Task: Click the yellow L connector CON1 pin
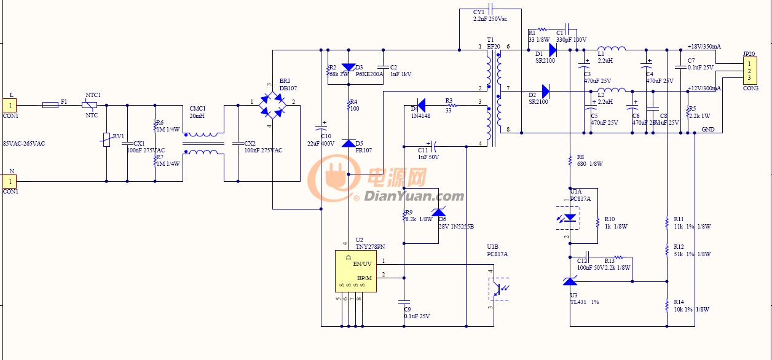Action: pyautogui.click(x=10, y=105)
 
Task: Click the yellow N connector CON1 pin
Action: pyautogui.click(x=10, y=181)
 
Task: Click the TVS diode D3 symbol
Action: pyautogui.click(x=349, y=67)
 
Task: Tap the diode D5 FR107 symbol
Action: pyautogui.click(x=349, y=143)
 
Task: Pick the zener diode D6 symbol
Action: pyautogui.click(x=438, y=213)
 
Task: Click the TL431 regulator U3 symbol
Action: pyautogui.click(x=570, y=281)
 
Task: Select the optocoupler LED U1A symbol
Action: pyautogui.click(x=570, y=217)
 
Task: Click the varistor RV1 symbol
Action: pyautogui.click(x=106, y=139)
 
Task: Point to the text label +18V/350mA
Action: pyautogui.click(x=704, y=47)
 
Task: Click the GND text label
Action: pyautogui.click(x=707, y=130)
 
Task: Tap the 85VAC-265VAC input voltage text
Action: pyautogui.click(x=24, y=144)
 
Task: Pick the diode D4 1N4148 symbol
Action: pyautogui.click(x=422, y=103)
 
